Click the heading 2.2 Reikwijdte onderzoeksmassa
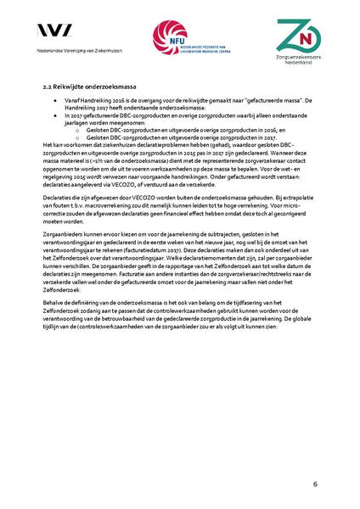(90, 87)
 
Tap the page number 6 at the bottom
(315, 484)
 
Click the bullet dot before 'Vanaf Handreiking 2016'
(55, 100)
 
